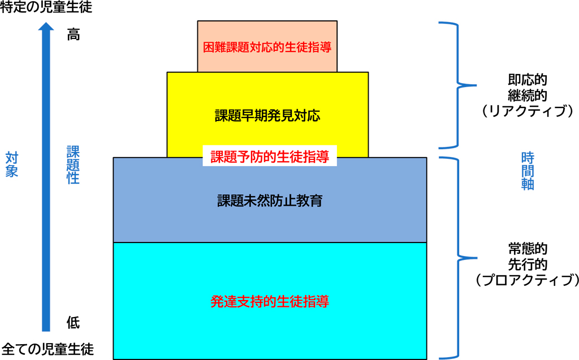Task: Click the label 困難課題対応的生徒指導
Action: tap(267, 46)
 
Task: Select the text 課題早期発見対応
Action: tap(267, 116)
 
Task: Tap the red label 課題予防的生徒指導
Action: tap(270, 157)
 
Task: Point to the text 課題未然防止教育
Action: tap(270, 201)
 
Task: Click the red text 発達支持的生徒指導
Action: tap(269, 301)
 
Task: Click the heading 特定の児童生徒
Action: tap(46, 8)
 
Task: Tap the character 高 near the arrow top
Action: tap(74, 34)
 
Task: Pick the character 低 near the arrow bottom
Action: tap(74, 323)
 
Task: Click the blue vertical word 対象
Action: tap(12, 164)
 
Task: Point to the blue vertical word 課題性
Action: tap(74, 164)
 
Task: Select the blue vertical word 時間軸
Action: tap(527, 171)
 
